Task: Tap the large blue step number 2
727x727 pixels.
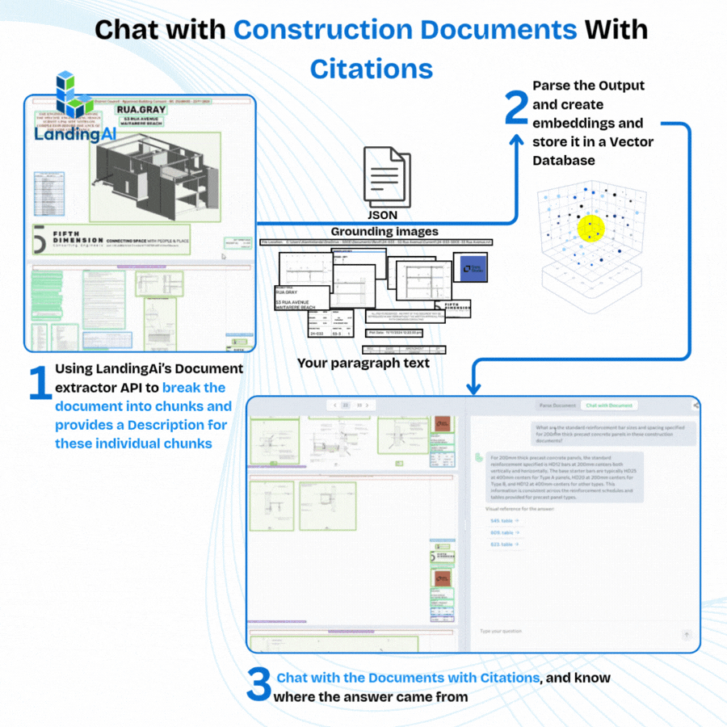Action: [x=516, y=109]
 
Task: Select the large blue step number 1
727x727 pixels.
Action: [x=39, y=385]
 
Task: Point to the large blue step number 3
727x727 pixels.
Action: [x=258, y=686]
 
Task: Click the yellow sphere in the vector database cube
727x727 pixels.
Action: [x=591, y=229]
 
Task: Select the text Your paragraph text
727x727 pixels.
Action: [x=363, y=363]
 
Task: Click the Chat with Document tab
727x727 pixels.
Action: [x=610, y=405]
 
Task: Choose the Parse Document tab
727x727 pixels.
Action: [x=557, y=405]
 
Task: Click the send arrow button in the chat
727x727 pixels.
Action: [x=687, y=635]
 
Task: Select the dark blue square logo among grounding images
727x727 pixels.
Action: [x=469, y=267]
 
